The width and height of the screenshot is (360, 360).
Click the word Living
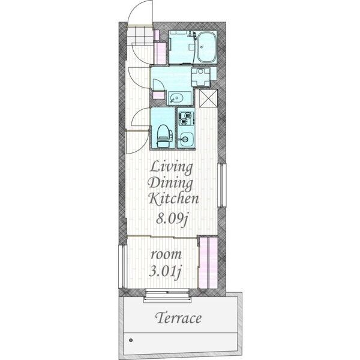[171, 168]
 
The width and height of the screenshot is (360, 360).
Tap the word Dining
[170, 184]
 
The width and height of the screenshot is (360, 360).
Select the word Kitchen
[173, 199]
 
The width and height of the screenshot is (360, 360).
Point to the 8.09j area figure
[172, 218]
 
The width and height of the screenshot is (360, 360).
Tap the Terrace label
[178, 318]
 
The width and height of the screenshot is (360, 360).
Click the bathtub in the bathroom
[206, 47]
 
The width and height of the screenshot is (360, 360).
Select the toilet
[163, 136]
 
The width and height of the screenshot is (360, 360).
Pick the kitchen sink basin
[186, 139]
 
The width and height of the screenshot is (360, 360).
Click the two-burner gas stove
[186, 118]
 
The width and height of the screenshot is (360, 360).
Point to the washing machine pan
[200, 77]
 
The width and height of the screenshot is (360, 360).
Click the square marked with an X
[208, 98]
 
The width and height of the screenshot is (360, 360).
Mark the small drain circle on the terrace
[131, 340]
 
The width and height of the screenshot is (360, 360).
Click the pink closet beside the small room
[208, 263]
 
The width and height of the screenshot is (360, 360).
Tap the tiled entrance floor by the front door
[140, 35]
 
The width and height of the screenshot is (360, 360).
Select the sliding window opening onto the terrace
[167, 295]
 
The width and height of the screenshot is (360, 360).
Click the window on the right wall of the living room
[222, 185]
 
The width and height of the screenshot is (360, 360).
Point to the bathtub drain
[202, 47]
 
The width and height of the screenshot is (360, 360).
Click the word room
[166, 254]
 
